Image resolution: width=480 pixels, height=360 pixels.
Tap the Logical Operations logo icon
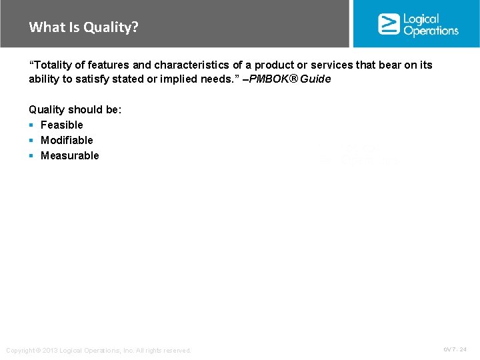(x=388, y=24)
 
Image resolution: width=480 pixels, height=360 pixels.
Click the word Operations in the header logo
(x=431, y=31)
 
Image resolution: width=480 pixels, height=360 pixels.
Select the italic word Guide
(x=316, y=79)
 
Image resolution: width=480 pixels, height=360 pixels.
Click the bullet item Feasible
(x=62, y=125)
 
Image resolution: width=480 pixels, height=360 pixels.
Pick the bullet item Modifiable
(x=67, y=140)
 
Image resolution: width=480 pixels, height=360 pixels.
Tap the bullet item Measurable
(x=69, y=155)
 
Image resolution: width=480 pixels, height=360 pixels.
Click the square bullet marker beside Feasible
(x=31, y=125)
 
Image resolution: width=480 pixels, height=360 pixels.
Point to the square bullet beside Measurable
(x=31, y=156)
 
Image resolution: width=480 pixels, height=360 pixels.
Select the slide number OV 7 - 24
(x=455, y=349)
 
